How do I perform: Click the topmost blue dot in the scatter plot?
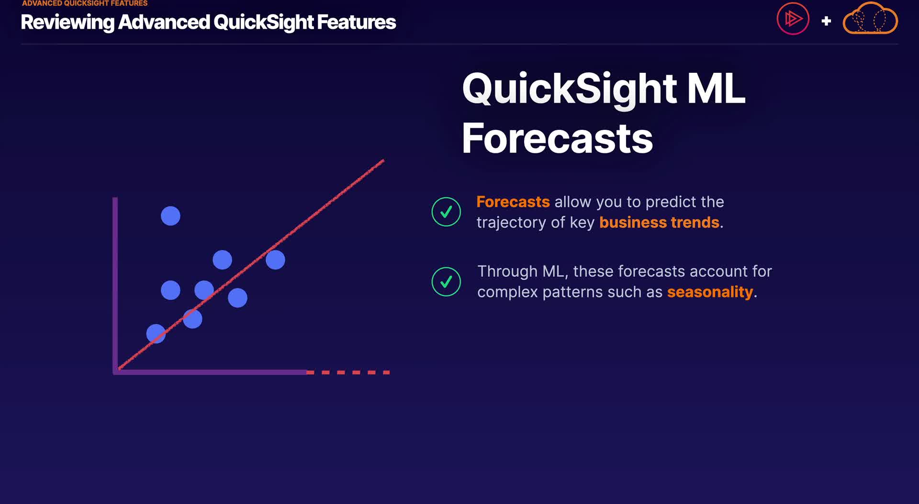[170, 216]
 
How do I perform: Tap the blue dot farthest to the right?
[275, 260]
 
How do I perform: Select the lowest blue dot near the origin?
[156, 333]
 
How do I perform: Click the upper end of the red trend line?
[384, 160]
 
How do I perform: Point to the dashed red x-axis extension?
[348, 372]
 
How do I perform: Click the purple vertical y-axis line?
[115, 285]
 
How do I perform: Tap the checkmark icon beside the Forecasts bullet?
[446, 212]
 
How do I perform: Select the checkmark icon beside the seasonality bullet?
[446, 282]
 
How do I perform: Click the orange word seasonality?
[710, 292]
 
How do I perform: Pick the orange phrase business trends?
[659, 222]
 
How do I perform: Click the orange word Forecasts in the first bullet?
[513, 202]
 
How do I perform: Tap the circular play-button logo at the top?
[793, 19]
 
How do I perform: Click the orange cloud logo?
[870, 18]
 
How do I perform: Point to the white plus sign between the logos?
[826, 21]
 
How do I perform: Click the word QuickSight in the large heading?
[570, 89]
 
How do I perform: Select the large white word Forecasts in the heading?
[557, 138]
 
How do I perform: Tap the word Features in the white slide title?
[357, 22]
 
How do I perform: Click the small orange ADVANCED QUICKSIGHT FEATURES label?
[85, 3]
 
